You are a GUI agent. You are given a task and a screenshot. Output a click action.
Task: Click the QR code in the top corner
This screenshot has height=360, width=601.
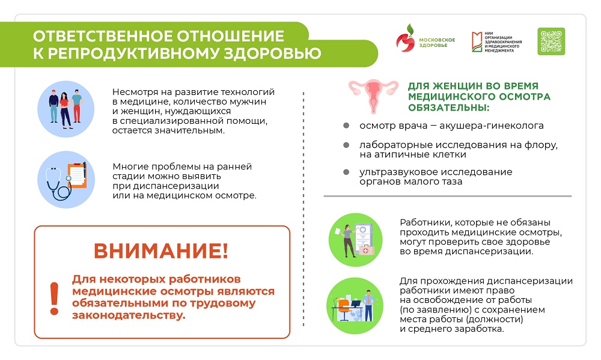551,41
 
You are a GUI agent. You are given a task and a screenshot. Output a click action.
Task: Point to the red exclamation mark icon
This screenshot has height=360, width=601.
55,298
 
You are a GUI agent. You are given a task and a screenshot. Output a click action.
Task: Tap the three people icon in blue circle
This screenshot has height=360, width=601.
66,108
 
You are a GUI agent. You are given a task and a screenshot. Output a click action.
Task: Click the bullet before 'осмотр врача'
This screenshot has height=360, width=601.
346,126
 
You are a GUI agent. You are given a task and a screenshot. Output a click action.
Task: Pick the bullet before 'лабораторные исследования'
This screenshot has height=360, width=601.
346,146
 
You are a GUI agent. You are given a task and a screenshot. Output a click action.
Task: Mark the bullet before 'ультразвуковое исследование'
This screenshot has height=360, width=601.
346,172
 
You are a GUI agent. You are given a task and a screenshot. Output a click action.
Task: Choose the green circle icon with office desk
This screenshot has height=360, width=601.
355,305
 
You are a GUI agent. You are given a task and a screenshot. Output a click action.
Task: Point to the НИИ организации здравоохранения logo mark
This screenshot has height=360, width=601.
477,40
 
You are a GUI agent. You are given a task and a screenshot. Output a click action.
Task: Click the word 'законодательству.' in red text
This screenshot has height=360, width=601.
129,315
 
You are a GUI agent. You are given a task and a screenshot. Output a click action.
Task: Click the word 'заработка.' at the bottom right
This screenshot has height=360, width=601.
478,329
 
